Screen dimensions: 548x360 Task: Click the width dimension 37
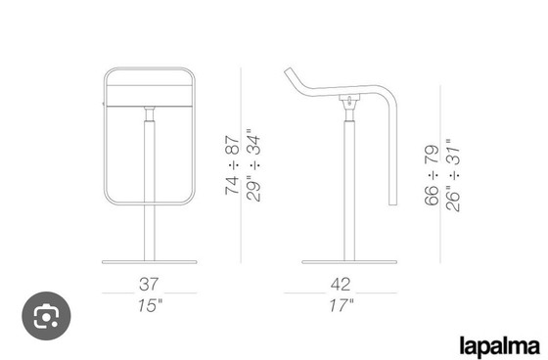149,284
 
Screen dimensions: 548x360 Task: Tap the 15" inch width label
150,305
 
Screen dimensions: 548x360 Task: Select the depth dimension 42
341,284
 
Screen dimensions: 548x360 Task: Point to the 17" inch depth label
342,305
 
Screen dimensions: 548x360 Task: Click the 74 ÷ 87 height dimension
233,165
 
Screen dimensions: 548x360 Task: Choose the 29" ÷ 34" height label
253,165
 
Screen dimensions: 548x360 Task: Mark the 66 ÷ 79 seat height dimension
432,175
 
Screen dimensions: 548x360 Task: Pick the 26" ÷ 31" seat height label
453,175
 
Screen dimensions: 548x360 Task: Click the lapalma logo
500,345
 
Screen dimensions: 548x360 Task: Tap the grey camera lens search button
47,316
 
